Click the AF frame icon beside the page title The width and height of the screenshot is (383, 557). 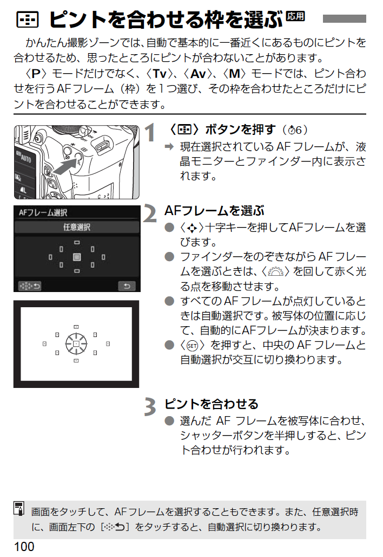(x=27, y=20)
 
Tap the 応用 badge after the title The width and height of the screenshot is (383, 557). (x=295, y=16)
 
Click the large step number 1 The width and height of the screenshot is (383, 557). (x=150, y=133)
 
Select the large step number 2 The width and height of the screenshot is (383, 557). (x=150, y=214)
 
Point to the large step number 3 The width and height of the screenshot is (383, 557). (x=150, y=407)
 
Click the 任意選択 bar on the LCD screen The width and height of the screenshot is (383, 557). (x=77, y=227)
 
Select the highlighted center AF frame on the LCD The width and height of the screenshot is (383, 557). (x=77, y=257)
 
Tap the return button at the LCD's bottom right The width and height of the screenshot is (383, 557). (x=127, y=286)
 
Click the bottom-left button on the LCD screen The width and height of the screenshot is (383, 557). (x=30, y=286)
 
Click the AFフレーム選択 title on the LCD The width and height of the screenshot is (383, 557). (x=43, y=212)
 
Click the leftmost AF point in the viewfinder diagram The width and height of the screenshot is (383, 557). (x=44, y=344)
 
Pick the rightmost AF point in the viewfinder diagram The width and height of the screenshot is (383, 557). (x=108, y=344)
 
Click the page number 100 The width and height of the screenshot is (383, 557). (x=24, y=546)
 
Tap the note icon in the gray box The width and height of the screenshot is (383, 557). (x=19, y=508)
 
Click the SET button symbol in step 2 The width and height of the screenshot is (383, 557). (x=192, y=346)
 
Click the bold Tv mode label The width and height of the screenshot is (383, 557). (x=160, y=74)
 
